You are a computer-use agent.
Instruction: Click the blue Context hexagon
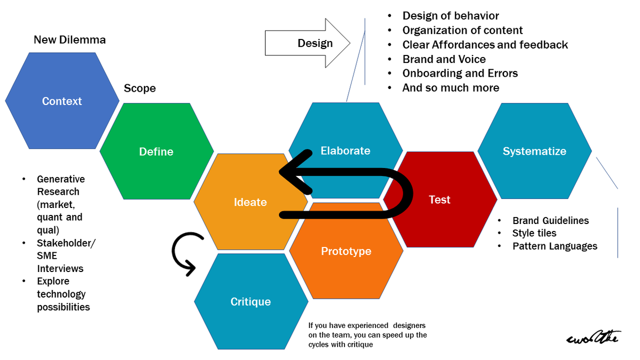pos(62,101)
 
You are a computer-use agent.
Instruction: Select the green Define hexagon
pos(156,151)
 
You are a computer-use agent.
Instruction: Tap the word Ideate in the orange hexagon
pos(250,202)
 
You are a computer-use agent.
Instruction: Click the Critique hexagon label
pos(251,301)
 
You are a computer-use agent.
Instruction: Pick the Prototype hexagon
pos(346,251)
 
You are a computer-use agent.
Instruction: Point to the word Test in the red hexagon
pos(440,199)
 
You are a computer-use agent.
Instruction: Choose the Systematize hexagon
pos(534,151)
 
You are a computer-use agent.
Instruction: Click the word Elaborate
pos(345,151)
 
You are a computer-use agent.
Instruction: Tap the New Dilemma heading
pos(70,40)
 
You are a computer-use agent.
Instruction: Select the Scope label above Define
pos(140,88)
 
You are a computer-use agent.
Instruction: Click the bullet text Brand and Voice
pos(444,59)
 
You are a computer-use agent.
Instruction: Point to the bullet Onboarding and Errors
pos(460,73)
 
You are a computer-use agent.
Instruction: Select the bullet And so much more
pos(451,87)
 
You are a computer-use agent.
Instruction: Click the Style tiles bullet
pos(534,233)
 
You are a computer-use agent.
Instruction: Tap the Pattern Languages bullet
pos(555,246)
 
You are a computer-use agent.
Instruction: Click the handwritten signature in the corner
pos(591,337)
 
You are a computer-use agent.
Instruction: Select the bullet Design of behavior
pos(451,16)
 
